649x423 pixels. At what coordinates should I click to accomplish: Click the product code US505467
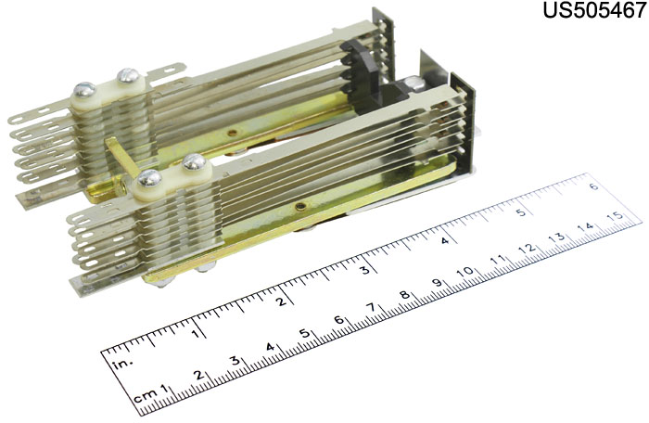595,10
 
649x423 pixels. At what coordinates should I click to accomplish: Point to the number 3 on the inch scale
364,270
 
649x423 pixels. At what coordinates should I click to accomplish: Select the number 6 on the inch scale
594,186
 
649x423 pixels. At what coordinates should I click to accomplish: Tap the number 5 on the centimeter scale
304,333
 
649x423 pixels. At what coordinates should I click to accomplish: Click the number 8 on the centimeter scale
405,295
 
